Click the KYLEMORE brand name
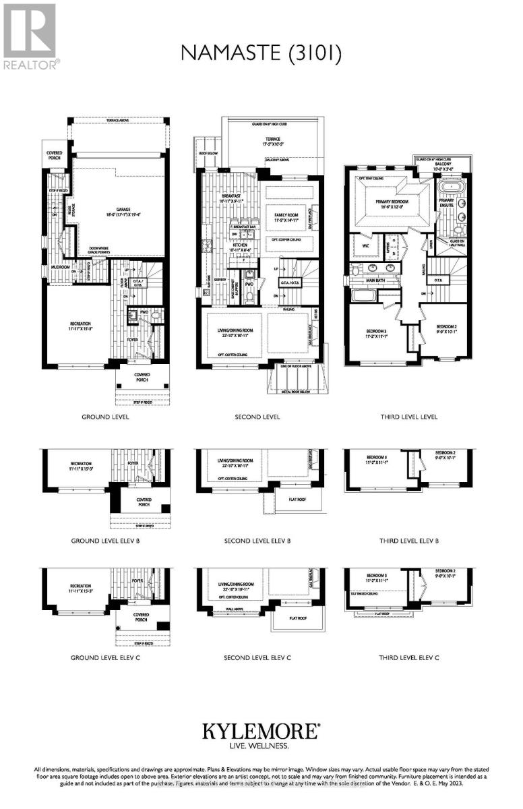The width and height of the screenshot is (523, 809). coord(261,730)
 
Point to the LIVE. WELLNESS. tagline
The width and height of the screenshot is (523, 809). coord(261,746)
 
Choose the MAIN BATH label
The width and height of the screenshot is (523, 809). coord(375,280)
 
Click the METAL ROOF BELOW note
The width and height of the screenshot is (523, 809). coord(294,390)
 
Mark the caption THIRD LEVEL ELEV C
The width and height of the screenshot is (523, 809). coord(409,657)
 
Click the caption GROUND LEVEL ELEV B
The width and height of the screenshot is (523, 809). coord(105,541)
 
